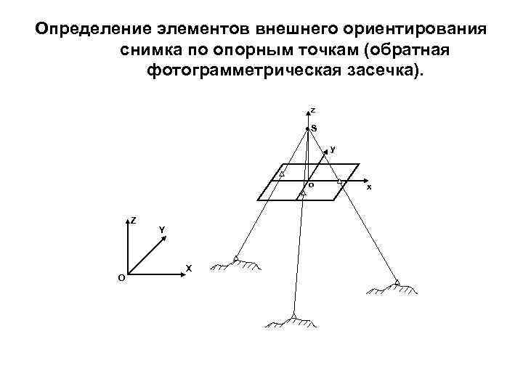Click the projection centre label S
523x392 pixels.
click(314, 128)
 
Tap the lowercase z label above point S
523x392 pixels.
click(313, 110)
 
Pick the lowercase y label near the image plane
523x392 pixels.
click(333, 149)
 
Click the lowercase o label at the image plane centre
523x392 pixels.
click(311, 184)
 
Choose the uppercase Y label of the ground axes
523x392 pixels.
click(162, 230)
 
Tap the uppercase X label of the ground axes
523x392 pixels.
click(189, 269)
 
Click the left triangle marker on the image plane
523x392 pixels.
click(282, 174)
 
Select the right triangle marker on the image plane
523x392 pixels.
click(340, 181)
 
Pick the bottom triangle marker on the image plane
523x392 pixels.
click(302, 194)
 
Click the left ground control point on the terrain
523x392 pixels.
click(236, 258)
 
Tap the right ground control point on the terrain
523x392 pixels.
click(397, 282)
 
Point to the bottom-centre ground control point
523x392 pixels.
click(293, 316)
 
